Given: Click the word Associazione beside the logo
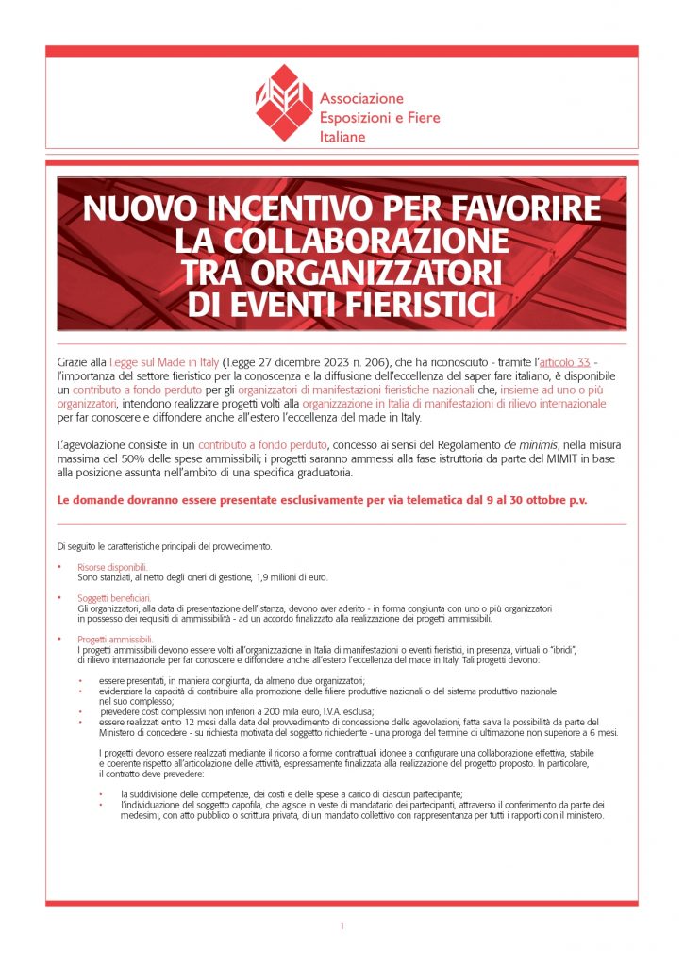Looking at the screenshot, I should [361, 99].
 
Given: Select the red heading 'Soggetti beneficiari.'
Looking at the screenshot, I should [114, 598].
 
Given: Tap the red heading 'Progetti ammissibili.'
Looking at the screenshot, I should [115, 640].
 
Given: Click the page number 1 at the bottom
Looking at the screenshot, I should [342, 926].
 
